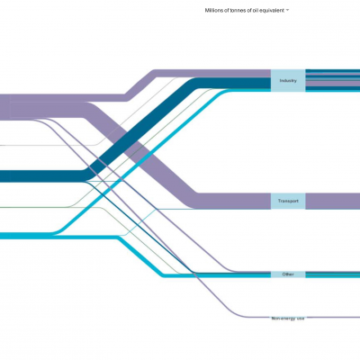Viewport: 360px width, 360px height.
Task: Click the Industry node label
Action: tap(288, 80)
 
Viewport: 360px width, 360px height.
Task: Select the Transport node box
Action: tap(288, 201)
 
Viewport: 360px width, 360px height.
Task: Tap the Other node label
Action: tap(288, 274)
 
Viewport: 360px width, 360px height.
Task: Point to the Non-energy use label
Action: tap(288, 319)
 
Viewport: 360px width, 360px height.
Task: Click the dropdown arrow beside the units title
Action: tap(287, 10)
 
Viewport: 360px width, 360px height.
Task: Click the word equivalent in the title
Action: tap(273, 10)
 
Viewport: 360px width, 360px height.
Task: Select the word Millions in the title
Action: tap(212, 10)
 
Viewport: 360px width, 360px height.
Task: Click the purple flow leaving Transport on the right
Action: tap(333, 201)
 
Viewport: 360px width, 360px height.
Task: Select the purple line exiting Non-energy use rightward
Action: tap(333, 317)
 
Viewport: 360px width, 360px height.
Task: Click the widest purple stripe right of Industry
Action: tap(333, 84)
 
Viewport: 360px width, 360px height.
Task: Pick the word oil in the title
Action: tap(257, 10)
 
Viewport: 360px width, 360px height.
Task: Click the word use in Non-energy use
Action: tap(301, 319)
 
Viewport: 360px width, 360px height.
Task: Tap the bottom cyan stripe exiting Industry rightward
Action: tap(333, 90)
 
